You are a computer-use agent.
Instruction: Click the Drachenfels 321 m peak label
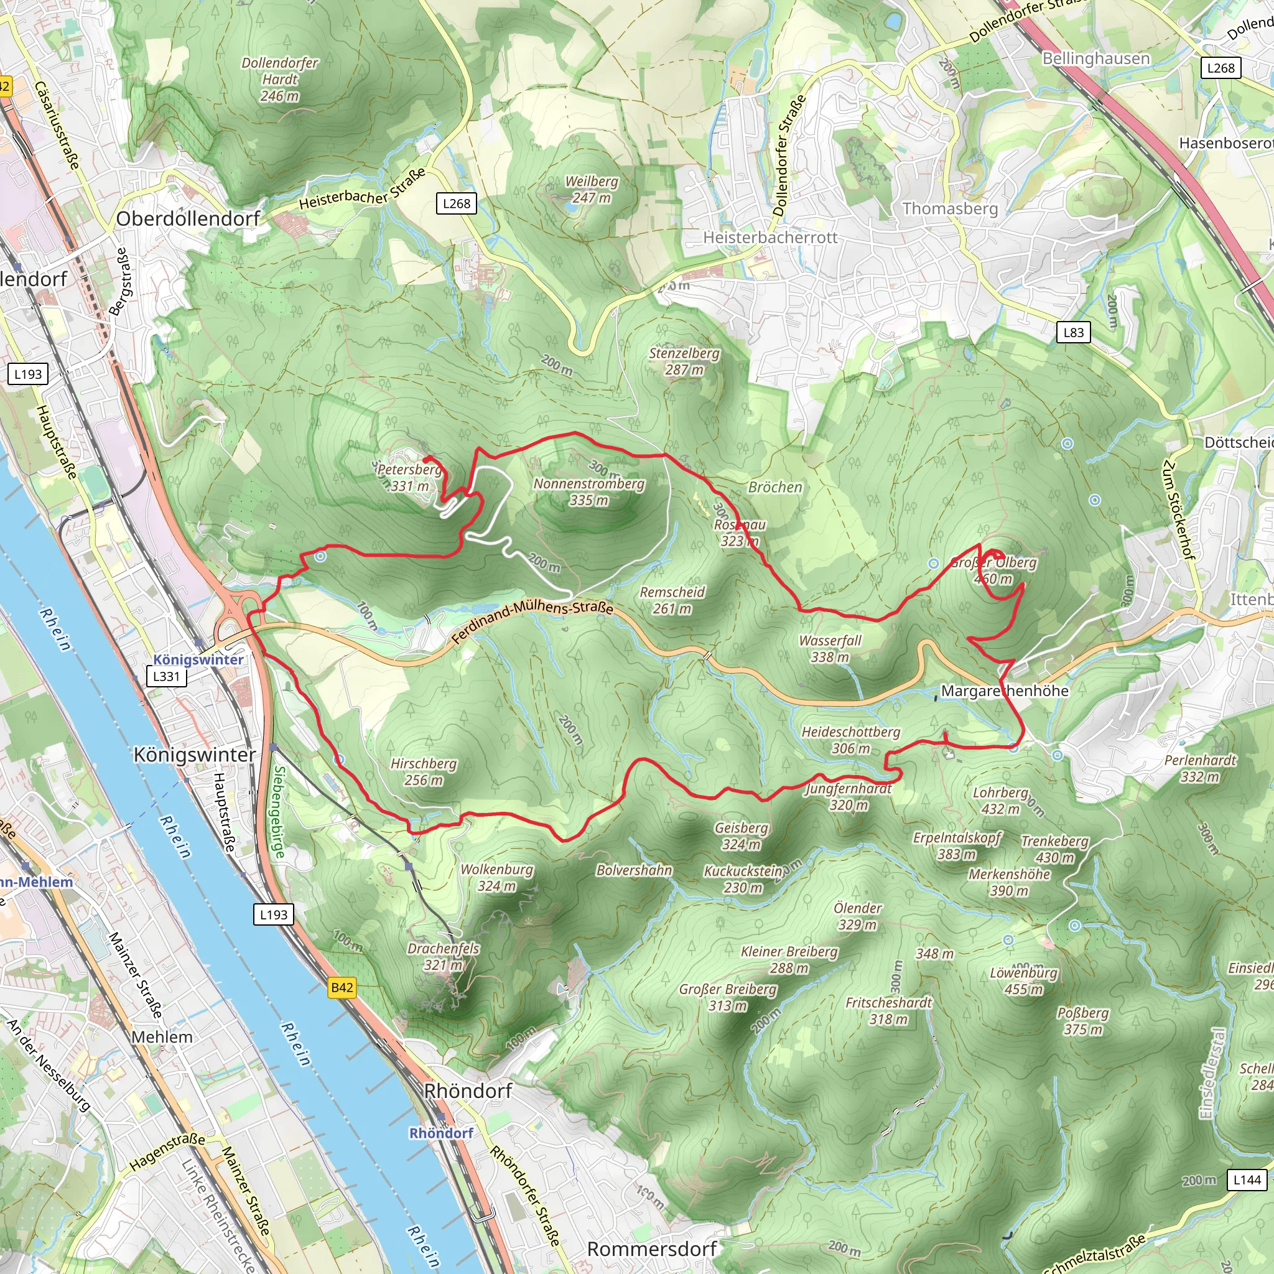(x=443, y=957)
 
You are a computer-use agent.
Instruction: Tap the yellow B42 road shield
(x=342, y=987)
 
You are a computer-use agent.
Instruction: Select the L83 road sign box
(x=1074, y=332)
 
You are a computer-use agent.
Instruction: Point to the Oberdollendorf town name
(x=188, y=218)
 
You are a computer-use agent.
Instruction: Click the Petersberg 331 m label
(x=409, y=477)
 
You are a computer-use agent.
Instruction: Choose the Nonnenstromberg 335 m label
(x=588, y=491)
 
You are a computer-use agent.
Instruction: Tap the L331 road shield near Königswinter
(x=166, y=676)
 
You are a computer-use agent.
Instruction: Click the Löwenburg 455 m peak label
(x=1023, y=980)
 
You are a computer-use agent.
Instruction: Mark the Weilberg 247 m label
(x=592, y=189)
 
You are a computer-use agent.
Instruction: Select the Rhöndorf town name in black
(x=468, y=1090)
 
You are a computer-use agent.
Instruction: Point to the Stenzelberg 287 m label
(x=684, y=361)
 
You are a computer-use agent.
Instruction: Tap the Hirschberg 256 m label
(x=424, y=771)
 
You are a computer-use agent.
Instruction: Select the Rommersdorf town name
(x=651, y=1249)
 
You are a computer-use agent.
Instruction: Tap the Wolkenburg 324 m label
(x=496, y=877)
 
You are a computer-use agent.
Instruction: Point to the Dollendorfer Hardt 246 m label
(x=279, y=79)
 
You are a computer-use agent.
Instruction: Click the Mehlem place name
(x=162, y=1037)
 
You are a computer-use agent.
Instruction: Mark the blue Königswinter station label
(x=198, y=659)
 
